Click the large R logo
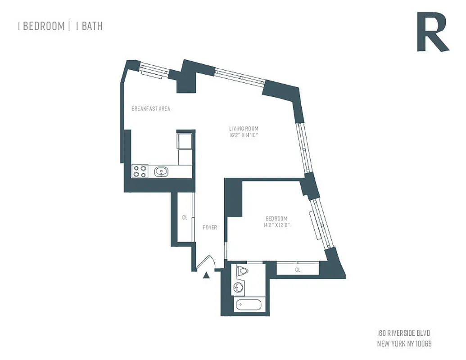(x=432, y=32)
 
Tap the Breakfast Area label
(x=150, y=109)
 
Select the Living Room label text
(x=244, y=129)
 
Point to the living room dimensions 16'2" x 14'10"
(x=244, y=135)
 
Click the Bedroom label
(x=276, y=219)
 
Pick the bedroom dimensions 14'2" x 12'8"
(x=276, y=225)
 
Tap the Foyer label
(x=210, y=227)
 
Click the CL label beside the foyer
(x=185, y=217)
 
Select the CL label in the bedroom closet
(x=298, y=270)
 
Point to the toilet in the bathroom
(x=242, y=271)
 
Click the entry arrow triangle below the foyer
(x=206, y=275)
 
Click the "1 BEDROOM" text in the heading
(x=41, y=26)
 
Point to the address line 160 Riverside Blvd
(x=403, y=333)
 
